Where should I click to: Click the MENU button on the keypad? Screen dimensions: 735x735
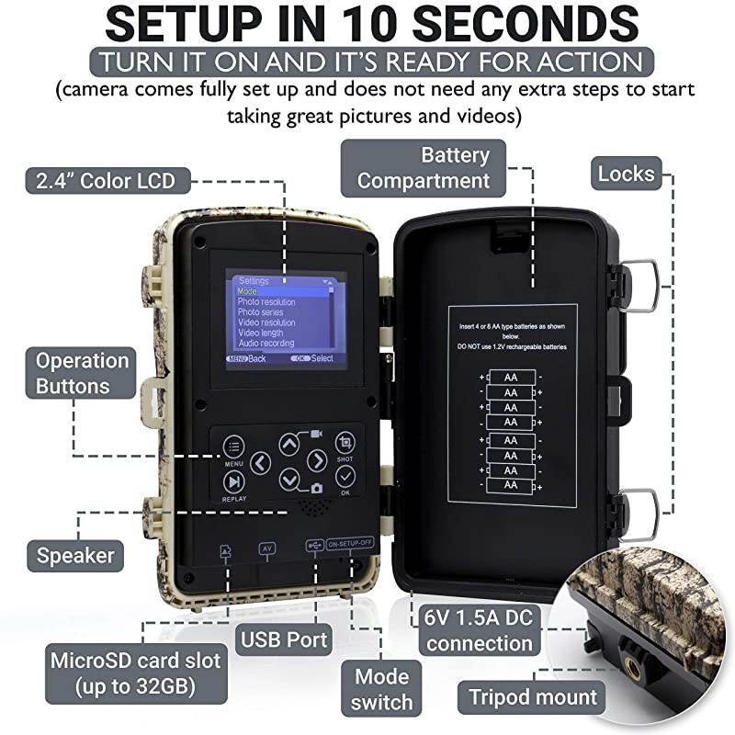234,447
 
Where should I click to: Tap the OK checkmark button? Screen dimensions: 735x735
345,476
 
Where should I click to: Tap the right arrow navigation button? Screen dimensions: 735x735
316,461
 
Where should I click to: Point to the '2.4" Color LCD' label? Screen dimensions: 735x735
102,179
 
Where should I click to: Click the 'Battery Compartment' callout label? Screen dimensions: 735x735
424,166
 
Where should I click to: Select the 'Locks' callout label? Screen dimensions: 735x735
626,173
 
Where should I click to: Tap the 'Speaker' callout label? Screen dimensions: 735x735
75,555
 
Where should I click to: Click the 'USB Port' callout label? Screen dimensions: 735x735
284,638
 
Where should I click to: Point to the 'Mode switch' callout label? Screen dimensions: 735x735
383,690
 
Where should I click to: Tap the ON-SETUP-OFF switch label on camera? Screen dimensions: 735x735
350,542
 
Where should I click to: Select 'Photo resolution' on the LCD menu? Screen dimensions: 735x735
266,302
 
